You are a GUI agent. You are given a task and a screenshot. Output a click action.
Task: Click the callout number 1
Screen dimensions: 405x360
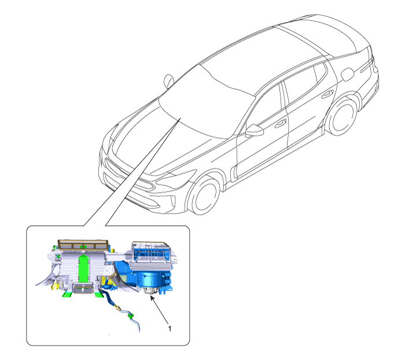pos(170,329)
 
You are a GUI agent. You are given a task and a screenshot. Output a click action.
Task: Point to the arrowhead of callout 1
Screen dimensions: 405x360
pos(152,298)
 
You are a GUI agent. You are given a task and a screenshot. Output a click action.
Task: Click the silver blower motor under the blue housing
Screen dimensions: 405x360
pos(149,291)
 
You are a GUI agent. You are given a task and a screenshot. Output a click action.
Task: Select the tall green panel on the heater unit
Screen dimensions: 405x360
pos(83,268)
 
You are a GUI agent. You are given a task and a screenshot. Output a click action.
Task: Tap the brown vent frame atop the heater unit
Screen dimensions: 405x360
pos(83,244)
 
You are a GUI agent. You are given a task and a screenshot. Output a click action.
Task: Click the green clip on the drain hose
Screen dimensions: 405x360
pos(131,315)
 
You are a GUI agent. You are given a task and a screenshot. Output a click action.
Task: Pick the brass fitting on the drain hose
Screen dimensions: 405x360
pos(118,308)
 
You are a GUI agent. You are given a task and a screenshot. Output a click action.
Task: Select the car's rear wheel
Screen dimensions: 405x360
pos(343,117)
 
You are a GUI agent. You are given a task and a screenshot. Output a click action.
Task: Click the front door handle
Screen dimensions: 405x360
pos(280,123)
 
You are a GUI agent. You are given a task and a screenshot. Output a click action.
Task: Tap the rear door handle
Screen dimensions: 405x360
pos(328,94)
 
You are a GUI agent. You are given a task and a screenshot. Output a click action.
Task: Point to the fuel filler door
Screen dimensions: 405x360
pos(348,75)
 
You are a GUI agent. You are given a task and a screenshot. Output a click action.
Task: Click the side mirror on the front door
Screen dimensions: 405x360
pos(255,130)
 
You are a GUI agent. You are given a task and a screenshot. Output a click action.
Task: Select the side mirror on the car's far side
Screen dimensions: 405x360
pos(169,80)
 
